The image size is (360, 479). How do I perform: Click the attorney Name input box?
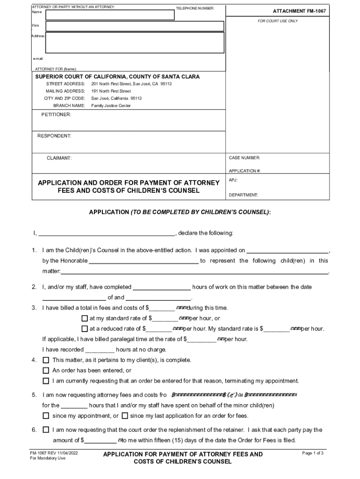(x=110, y=14)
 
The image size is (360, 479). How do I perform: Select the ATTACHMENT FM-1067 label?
(x=299, y=11)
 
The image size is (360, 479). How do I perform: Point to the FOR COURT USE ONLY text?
(x=278, y=21)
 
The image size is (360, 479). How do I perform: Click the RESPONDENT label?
(x=54, y=136)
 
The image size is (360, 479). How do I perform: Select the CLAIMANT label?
(x=59, y=158)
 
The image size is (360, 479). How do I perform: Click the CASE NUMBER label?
(x=245, y=158)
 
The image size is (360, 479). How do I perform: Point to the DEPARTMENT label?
(x=244, y=195)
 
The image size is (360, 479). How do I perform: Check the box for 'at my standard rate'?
(x=85, y=319)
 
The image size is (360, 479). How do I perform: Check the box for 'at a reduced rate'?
(x=85, y=329)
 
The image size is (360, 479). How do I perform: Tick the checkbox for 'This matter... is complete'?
(x=46, y=360)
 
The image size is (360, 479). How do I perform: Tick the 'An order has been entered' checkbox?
(x=46, y=370)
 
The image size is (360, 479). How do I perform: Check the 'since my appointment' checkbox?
(x=46, y=416)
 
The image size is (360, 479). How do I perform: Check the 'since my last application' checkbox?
(x=125, y=416)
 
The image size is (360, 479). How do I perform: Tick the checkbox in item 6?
(x=46, y=429)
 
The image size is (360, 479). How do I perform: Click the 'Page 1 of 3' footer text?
(x=313, y=453)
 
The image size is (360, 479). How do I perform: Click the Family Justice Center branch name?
(x=111, y=106)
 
